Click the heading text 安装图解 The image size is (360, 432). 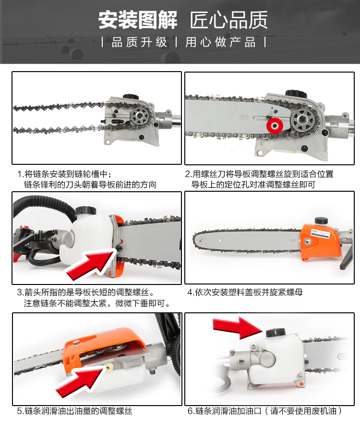tap(138, 20)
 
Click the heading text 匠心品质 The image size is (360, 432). tap(228, 20)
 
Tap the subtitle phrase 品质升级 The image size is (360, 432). tap(139, 42)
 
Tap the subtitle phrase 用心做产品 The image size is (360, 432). tap(220, 42)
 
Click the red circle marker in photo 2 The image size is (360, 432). tap(275, 125)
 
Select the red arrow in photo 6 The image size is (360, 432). tap(237, 328)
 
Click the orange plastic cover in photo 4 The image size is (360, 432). tap(321, 242)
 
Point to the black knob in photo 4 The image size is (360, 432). tap(321, 221)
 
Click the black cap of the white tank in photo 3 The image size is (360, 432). tap(85, 211)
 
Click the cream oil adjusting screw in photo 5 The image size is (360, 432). tap(108, 367)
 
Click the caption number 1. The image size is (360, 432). tap(20, 174)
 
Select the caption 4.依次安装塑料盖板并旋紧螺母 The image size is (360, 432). tap(245, 292)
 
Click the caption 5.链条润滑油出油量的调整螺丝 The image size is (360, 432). tap(74, 411)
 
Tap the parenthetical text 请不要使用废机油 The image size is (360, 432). tap(303, 411)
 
